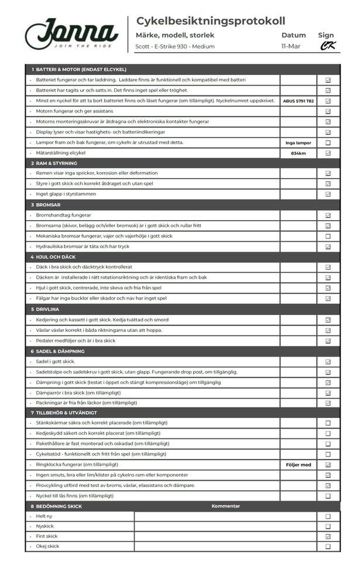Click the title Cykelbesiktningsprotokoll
(211, 21)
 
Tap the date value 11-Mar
(290, 46)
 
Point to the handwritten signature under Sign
(328, 46)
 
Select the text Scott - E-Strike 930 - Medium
(174, 46)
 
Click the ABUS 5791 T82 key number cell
(299, 101)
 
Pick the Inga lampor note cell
(299, 142)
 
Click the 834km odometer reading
(299, 153)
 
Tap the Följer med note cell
(299, 465)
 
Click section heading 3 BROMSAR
(47, 205)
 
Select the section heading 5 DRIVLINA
(47, 309)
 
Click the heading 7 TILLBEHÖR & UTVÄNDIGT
(67, 413)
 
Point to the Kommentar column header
(225, 506)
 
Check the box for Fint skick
(328, 536)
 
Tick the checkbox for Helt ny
(328, 516)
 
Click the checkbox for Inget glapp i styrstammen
(328, 194)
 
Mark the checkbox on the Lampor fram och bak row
(328, 142)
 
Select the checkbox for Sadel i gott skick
(328, 361)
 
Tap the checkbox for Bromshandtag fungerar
(328, 215)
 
